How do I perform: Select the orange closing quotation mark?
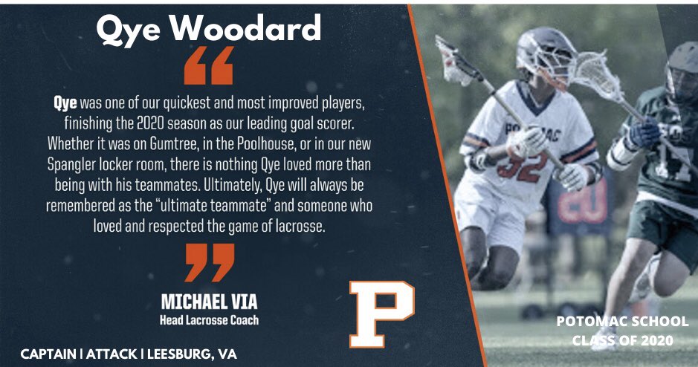coord(209,262)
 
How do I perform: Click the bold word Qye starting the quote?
coord(65,101)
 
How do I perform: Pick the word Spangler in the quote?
coord(78,163)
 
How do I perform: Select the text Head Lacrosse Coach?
coord(209,320)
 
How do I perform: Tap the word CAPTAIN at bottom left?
coord(50,354)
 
